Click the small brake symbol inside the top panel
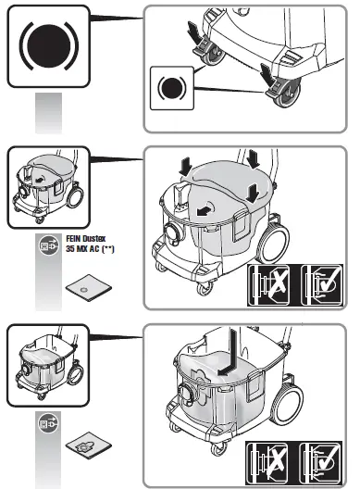171,90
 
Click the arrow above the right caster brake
268,70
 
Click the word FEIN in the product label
77,238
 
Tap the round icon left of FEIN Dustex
47,245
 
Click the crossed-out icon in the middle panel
270,286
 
